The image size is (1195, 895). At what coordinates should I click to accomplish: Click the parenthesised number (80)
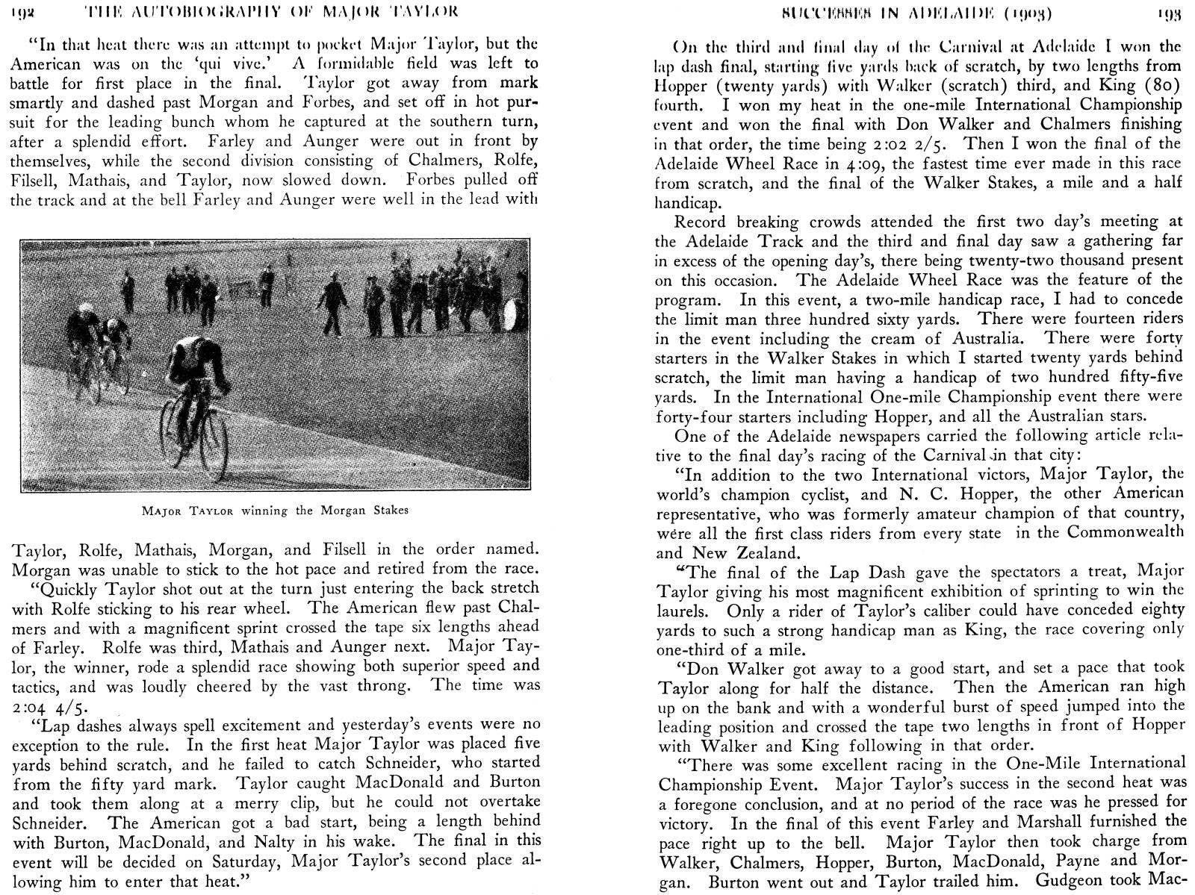tap(1164, 85)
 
